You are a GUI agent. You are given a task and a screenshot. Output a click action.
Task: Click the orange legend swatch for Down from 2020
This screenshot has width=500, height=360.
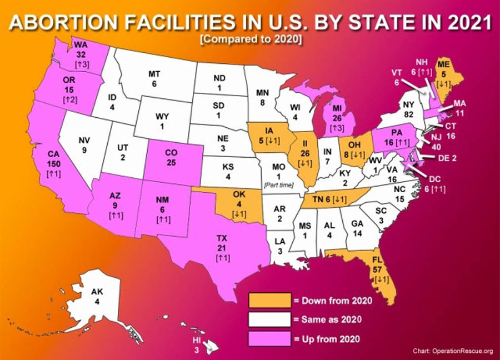tap(269, 301)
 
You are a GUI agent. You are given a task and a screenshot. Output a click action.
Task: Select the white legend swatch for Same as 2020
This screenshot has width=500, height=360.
tap(269, 319)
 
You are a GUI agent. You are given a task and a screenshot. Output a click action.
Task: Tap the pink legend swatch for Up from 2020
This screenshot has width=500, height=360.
tap(269, 338)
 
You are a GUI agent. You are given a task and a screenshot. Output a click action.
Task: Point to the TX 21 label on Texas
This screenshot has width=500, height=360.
tap(222, 244)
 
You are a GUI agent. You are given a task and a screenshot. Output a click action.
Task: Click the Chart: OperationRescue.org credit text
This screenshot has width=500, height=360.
tap(453, 351)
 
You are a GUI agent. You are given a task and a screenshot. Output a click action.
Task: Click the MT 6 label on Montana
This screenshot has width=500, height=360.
tap(154, 78)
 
